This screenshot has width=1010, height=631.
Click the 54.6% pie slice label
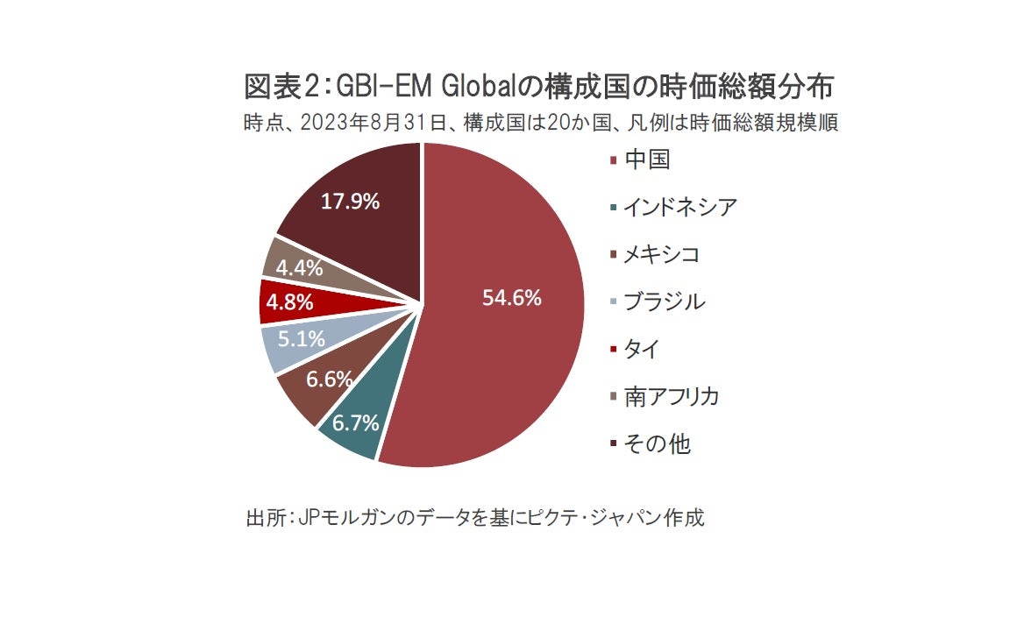(512, 298)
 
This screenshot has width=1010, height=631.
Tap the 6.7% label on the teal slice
(355, 424)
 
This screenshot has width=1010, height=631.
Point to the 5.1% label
(302, 338)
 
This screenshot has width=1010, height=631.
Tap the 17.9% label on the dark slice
(350, 202)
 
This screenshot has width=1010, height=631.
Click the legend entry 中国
(647, 160)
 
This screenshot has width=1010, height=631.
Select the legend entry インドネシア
(679, 207)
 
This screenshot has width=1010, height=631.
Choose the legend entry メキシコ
(661, 254)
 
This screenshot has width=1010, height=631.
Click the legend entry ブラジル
(663, 301)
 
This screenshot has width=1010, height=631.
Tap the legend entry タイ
(640, 349)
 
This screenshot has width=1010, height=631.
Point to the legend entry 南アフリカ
(671, 396)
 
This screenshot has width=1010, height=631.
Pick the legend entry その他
(657, 443)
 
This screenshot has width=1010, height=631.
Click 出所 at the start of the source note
(264, 516)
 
